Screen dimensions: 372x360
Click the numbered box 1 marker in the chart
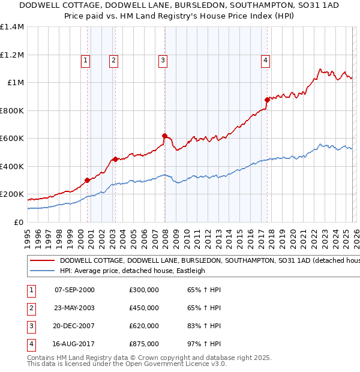point(86,59)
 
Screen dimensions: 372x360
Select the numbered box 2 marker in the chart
point(113,59)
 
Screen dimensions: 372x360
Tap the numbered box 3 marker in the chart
point(163,59)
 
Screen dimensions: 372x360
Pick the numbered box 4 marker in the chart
point(265,59)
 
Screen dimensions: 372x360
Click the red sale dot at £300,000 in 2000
point(88,180)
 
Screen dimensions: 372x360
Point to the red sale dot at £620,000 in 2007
point(164,136)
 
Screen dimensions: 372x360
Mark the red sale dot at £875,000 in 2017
point(267,100)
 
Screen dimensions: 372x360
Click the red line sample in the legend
point(42,261)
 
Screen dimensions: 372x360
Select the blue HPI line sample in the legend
point(42,271)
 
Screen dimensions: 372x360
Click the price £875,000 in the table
point(144,344)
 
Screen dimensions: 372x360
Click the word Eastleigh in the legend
point(190,271)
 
